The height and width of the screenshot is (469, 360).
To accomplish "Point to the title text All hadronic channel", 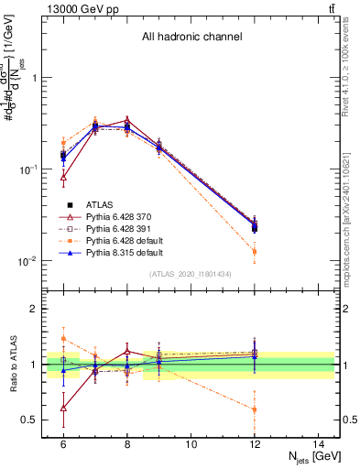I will pos(191,38).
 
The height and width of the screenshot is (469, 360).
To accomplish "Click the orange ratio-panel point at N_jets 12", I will pos(255,409).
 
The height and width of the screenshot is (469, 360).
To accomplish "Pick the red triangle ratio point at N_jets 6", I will pos(63,408).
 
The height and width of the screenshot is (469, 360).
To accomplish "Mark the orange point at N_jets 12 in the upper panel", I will pos(255,251).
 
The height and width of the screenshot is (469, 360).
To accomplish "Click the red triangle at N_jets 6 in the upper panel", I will pos(63,178).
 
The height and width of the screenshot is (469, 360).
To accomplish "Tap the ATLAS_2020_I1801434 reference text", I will pos(191,274).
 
